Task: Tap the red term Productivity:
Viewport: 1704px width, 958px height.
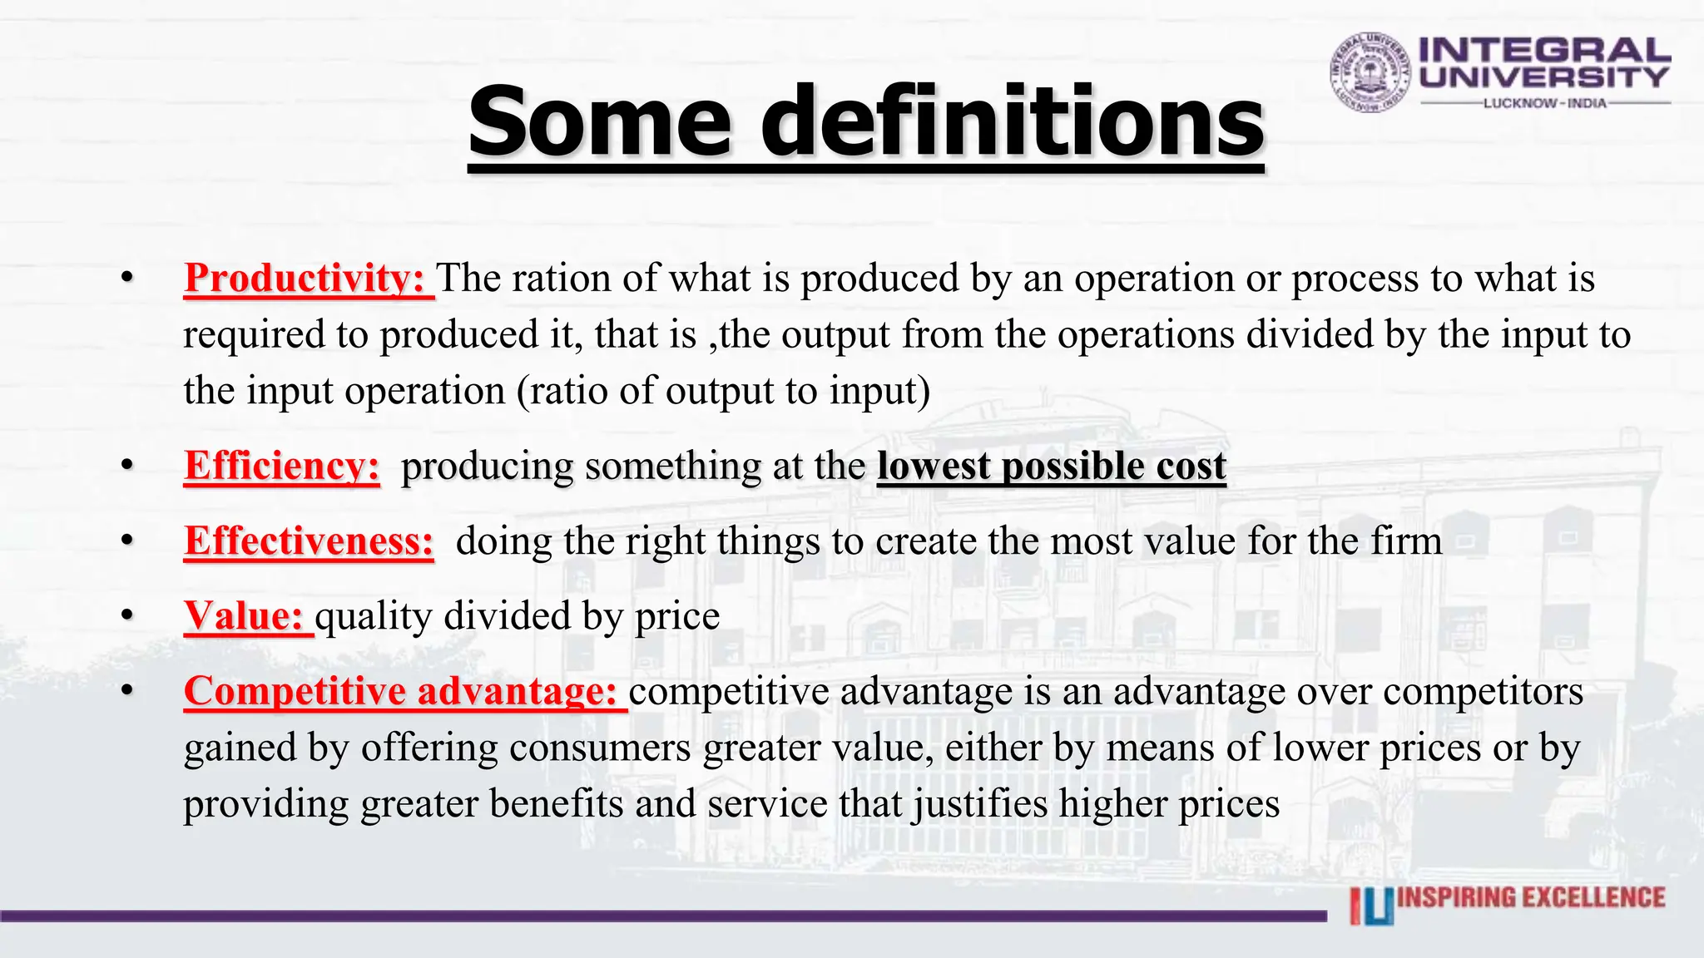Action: point(305,278)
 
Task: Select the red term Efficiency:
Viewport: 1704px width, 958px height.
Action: point(282,466)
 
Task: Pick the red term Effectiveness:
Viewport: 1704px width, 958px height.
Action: point(309,541)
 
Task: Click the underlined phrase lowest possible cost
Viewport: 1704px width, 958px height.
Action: point(1052,466)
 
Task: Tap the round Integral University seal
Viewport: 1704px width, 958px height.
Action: point(1370,72)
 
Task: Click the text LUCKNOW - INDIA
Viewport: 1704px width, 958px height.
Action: point(1545,103)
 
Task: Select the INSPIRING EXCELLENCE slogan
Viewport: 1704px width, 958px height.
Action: point(1531,898)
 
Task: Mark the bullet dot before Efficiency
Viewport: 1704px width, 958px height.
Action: point(126,465)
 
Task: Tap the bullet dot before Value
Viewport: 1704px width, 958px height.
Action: point(126,615)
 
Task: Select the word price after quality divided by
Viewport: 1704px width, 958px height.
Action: point(677,617)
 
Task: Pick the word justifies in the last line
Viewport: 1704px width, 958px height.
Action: point(981,804)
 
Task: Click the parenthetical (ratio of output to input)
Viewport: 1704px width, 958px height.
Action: point(723,391)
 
